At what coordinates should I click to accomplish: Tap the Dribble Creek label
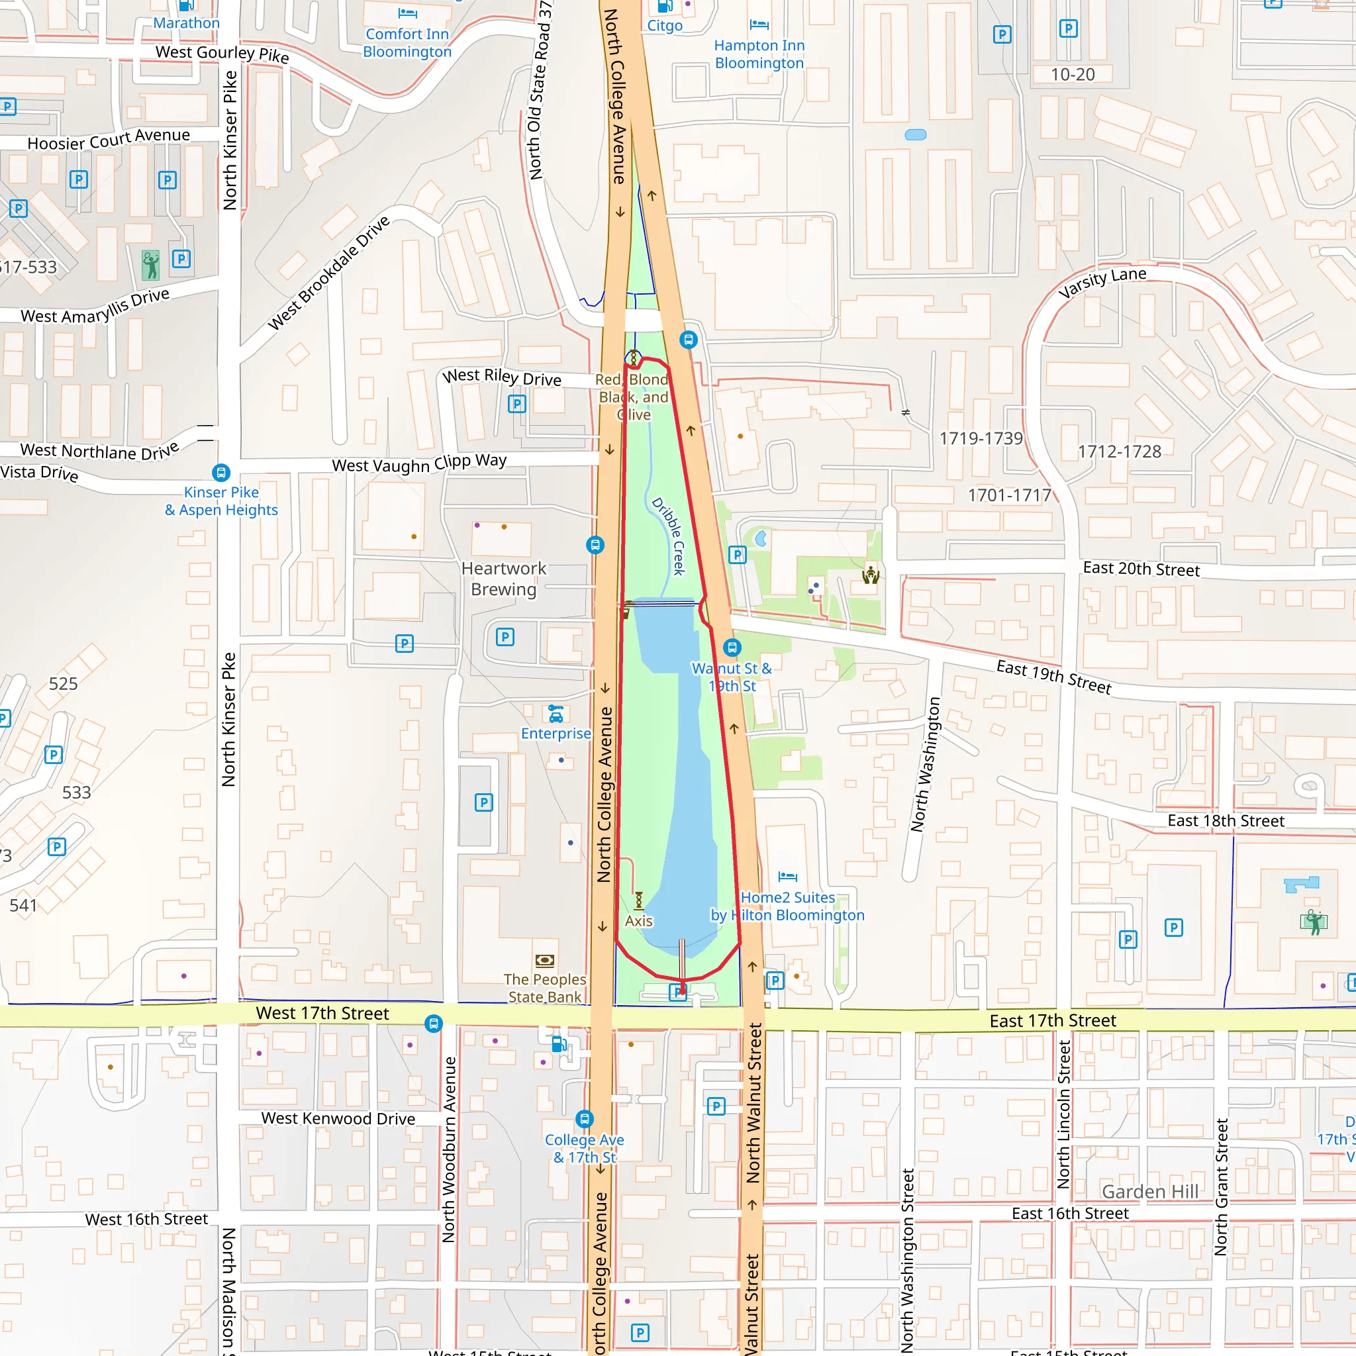[x=668, y=536]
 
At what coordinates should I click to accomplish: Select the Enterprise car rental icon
[x=556, y=714]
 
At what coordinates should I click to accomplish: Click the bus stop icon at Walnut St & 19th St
[x=732, y=647]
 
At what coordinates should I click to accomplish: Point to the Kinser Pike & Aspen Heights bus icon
[x=221, y=472]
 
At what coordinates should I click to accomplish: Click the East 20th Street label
[x=1141, y=569]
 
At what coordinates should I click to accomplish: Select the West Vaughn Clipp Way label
[x=419, y=463]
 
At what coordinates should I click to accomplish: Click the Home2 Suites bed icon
[x=787, y=876]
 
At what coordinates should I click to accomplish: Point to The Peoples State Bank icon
[x=545, y=960]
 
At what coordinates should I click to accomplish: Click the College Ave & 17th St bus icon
[x=584, y=1118]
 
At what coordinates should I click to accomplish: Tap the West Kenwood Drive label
[x=338, y=1118]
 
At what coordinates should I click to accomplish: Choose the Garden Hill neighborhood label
[x=1149, y=1191]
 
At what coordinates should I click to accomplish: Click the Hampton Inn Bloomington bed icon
[x=759, y=25]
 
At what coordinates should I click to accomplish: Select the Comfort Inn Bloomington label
[x=407, y=43]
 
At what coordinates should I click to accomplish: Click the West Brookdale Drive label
[x=328, y=272]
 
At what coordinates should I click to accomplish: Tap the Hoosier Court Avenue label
[x=109, y=139]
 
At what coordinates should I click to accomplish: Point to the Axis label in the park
[x=639, y=921]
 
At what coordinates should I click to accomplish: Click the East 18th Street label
[x=1226, y=820]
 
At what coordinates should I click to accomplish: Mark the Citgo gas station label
[x=665, y=26]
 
